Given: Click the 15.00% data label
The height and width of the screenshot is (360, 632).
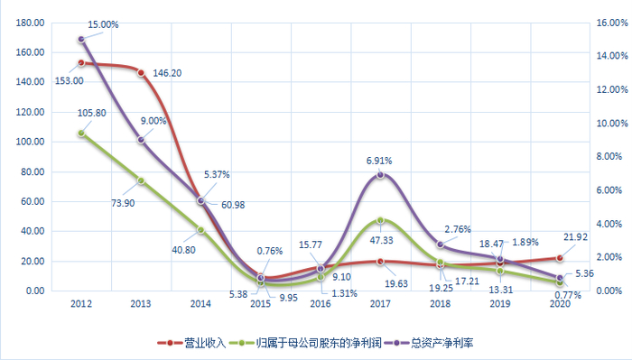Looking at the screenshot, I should pyautogui.click(x=103, y=25).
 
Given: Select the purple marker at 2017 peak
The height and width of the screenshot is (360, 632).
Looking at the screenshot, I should pyautogui.click(x=381, y=174).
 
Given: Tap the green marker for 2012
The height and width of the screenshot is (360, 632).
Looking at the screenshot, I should pyautogui.click(x=81, y=134).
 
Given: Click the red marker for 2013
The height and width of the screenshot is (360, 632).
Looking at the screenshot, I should pyautogui.click(x=141, y=72).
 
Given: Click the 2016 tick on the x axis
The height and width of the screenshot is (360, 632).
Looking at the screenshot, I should pyautogui.click(x=321, y=305).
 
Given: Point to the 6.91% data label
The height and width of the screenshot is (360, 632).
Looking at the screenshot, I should pyautogui.click(x=381, y=159).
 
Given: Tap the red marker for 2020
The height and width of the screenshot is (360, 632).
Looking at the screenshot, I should pyautogui.click(x=560, y=258).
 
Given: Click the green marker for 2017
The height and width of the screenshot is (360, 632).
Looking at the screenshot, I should pyautogui.click(x=381, y=220).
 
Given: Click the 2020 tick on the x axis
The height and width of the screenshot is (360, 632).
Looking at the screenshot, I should pyautogui.click(x=560, y=305).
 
